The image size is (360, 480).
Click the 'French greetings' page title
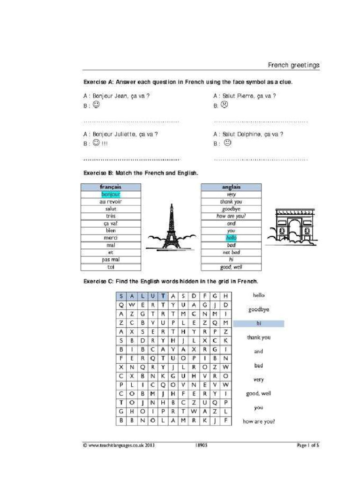click(x=293, y=65)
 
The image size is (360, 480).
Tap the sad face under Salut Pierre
click(x=224, y=105)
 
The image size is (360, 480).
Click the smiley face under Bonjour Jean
click(x=96, y=105)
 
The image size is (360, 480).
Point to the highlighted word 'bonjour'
click(x=111, y=194)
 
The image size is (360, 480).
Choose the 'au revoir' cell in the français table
click(x=111, y=202)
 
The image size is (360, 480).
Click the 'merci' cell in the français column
click(x=111, y=238)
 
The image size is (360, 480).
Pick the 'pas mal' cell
click(x=111, y=260)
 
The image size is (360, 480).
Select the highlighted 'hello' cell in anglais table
click(x=231, y=238)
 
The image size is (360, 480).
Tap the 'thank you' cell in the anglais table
click(x=231, y=202)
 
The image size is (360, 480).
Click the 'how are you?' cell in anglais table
click(x=231, y=216)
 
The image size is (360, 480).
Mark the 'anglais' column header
click(x=231, y=187)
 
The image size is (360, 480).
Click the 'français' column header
click(x=111, y=187)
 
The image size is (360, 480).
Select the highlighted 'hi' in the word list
click(x=259, y=323)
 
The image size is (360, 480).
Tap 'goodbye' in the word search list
click(x=259, y=309)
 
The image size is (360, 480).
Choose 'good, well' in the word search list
click(x=259, y=393)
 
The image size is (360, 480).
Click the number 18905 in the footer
click(x=201, y=445)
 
